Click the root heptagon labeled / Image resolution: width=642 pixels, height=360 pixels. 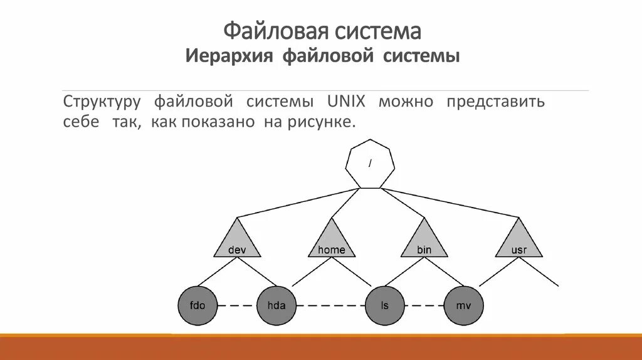[370, 164]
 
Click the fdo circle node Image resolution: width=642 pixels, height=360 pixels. [198, 305]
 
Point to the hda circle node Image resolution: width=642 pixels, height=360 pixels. [276, 305]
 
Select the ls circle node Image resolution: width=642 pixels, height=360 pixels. [385, 305]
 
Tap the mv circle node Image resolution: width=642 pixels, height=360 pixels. [464, 305]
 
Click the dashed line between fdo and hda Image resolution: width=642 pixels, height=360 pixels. [237, 305]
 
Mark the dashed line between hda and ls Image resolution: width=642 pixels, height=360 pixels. [330, 305]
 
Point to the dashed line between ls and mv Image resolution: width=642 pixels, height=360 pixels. [424, 305]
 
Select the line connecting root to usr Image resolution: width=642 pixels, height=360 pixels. [451, 202]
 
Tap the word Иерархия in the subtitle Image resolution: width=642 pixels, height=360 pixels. [229, 57]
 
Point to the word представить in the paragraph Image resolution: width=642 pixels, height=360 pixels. [495, 102]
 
